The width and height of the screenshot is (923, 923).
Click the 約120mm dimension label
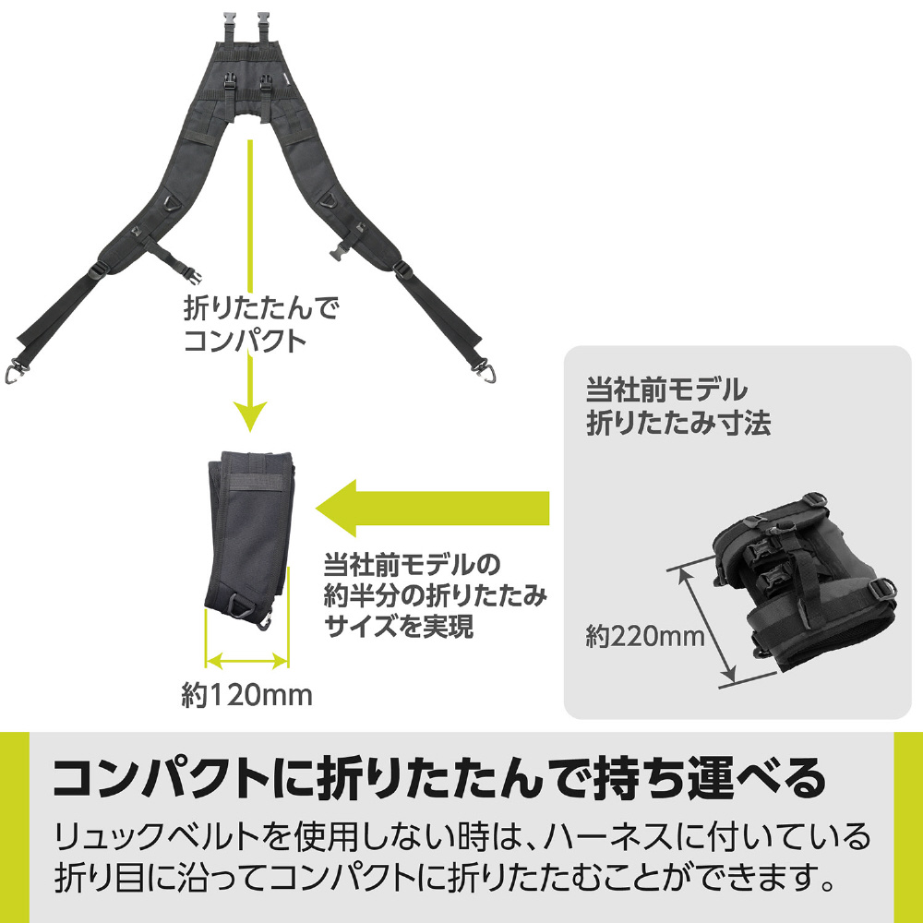(x=247, y=695)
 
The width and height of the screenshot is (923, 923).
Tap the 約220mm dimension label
(x=644, y=636)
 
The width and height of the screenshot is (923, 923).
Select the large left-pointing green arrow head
(x=336, y=509)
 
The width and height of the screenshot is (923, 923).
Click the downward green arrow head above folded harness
(x=249, y=415)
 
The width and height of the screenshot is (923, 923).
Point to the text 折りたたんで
(x=261, y=308)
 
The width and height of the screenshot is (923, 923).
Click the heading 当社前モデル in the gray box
(x=666, y=390)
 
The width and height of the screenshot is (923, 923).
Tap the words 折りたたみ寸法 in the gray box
(x=678, y=423)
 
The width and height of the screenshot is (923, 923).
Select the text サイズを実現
(x=399, y=627)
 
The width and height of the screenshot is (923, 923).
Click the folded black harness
(x=250, y=539)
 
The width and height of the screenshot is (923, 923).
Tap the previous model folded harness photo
(x=804, y=581)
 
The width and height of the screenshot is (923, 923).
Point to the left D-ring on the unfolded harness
(x=172, y=204)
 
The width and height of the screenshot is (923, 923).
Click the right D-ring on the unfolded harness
(x=330, y=201)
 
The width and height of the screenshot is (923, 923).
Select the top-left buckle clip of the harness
(x=229, y=26)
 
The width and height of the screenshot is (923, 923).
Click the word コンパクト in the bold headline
(x=161, y=777)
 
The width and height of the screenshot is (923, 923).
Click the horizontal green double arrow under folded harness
(x=247, y=661)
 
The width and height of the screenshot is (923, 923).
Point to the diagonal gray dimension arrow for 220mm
(x=707, y=625)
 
